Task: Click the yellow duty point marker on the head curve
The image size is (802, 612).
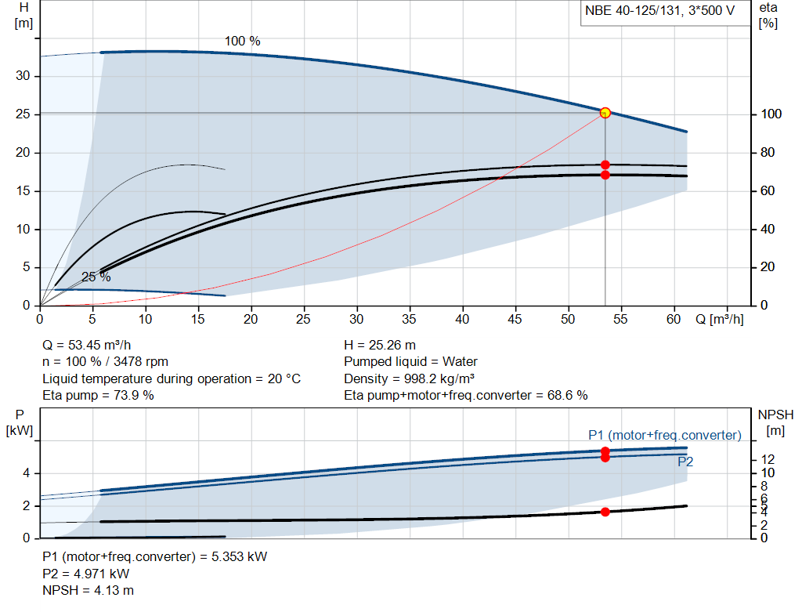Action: pos(605,113)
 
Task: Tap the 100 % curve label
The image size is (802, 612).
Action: pos(243,41)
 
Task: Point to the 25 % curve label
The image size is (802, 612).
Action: pos(96,277)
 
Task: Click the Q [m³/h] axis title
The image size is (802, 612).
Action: pos(720,320)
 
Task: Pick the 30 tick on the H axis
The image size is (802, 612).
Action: pos(23,76)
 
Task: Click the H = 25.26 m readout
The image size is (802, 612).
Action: pos(380,345)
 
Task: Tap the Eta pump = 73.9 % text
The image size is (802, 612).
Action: pos(98,395)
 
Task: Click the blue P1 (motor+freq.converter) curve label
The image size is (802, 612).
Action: pos(664,435)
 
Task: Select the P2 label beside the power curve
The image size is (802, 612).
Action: pos(685,462)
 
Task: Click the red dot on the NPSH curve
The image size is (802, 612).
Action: pos(605,512)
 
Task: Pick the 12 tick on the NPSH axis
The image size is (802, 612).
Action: pos(768,458)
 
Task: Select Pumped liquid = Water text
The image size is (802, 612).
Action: pos(410,361)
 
